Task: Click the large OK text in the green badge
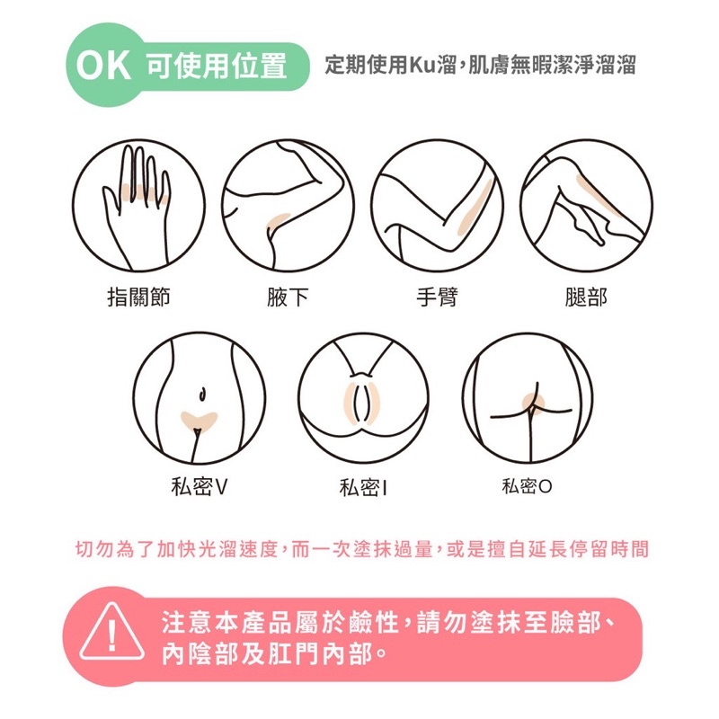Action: [x=103, y=66]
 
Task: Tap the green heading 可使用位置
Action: [x=217, y=66]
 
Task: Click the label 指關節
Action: [x=138, y=297]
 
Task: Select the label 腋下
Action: [x=288, y=297]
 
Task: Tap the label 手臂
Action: [x=437, y=297]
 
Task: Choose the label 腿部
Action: [x=586, y=297]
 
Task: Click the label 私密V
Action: [x=199, y=486]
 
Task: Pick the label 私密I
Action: [x=363, y=487]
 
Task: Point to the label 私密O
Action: [x=527, y=486]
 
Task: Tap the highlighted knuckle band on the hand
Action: [x=146, y=193]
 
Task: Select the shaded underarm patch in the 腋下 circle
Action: [x=277, y=222]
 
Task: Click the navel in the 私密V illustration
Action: [x=201, y=394]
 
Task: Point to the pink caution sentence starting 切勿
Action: [x=362, y=549]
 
